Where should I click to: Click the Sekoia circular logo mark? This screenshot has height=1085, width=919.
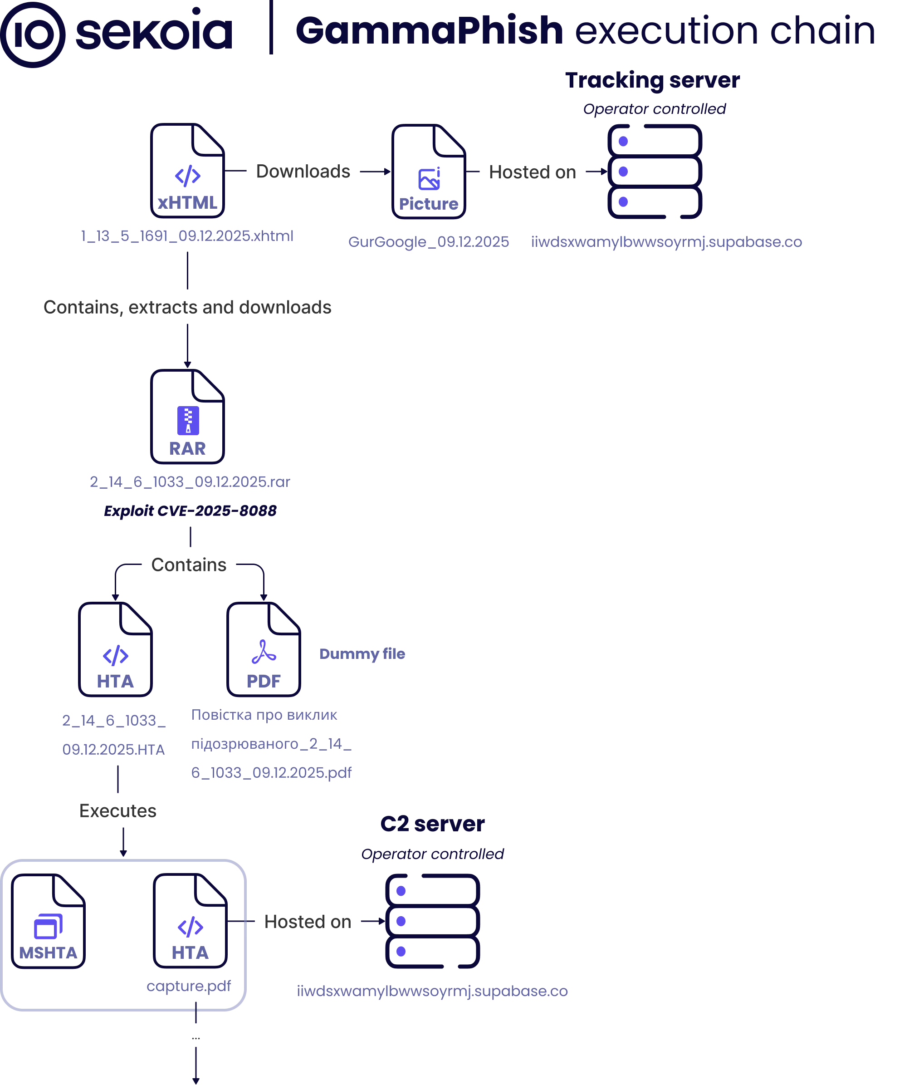click(x=33, y=34)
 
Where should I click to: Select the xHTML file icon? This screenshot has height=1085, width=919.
click(x=187, y=171)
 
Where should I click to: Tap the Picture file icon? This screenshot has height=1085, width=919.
click(x=429, y=172)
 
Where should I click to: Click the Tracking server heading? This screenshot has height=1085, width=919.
click(x=652, y=80)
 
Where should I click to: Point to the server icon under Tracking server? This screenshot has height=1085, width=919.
click(x=655, y=172)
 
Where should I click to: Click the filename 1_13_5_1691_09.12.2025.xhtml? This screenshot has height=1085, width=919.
click(x=187, y=236)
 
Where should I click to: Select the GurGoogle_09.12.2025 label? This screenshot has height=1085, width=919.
click(x=428, y=242)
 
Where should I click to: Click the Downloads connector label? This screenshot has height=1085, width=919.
click(x=303, y=171)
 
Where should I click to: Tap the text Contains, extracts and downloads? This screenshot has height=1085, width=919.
click(x=187, y=308)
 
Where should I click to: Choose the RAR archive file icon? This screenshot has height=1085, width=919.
click(x=187, y=417)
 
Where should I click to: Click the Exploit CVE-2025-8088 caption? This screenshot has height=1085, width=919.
click(x=190, y=511)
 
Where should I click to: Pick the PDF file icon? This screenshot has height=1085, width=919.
click(x=264, y=649)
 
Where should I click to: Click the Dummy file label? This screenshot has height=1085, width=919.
click(x=362, y=653)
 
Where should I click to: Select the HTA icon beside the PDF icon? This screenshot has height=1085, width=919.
click(x=115, y=649)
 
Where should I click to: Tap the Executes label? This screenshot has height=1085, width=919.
click(x=118, y=811)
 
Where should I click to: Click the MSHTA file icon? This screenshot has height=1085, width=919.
click(x=49, y=921)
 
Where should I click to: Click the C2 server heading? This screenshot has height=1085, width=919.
click(x=432, y=824)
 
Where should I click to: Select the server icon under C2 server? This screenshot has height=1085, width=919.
click(x=432, y=921)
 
